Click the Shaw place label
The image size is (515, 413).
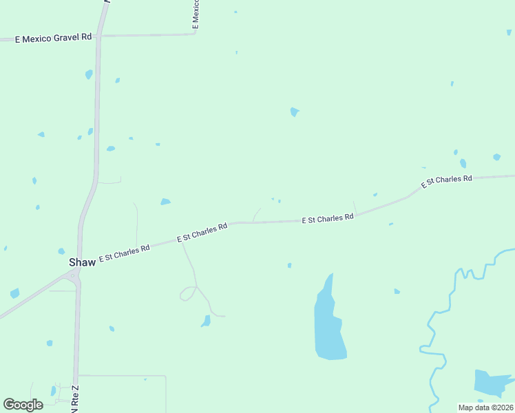pos(82,262)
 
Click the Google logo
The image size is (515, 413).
pos(23,405)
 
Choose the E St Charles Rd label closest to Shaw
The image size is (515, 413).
pos(125,253)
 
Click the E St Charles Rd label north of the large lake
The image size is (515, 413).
pos(328,219)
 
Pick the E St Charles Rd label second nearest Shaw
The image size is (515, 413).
pos(202,232)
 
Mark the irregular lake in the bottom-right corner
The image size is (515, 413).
pos(490,382)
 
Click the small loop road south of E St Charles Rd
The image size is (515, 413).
pos(187,294)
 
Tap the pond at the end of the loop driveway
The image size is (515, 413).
pos(206,321)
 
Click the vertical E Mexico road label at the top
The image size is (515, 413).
pos(196,14)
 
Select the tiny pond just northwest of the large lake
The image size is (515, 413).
pos(289,265)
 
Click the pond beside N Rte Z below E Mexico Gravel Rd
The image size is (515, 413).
pos(89,74)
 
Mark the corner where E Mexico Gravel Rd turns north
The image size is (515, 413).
pos(196,33)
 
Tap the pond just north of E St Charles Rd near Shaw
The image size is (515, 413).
pos(165,202)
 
